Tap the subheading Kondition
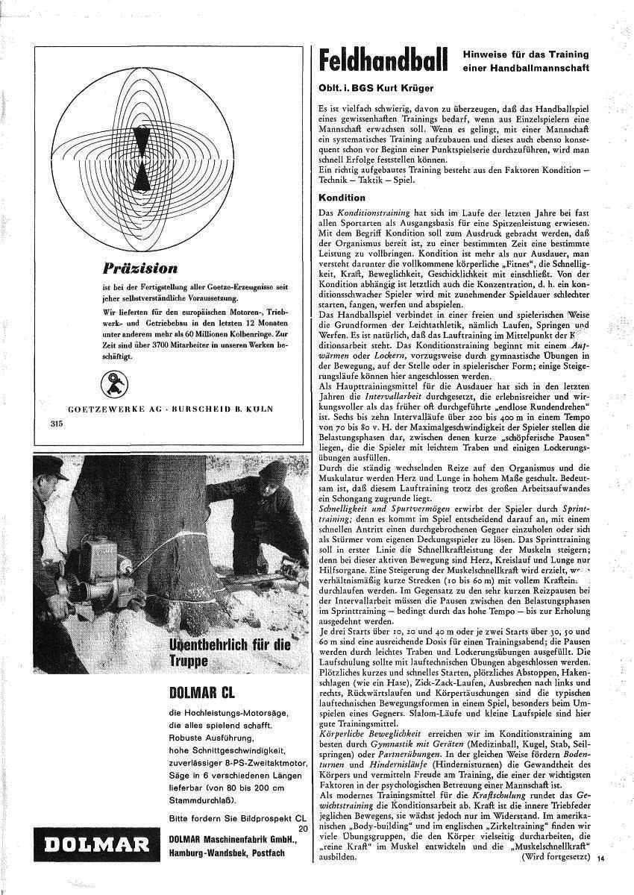342,198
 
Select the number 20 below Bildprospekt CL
302,828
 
